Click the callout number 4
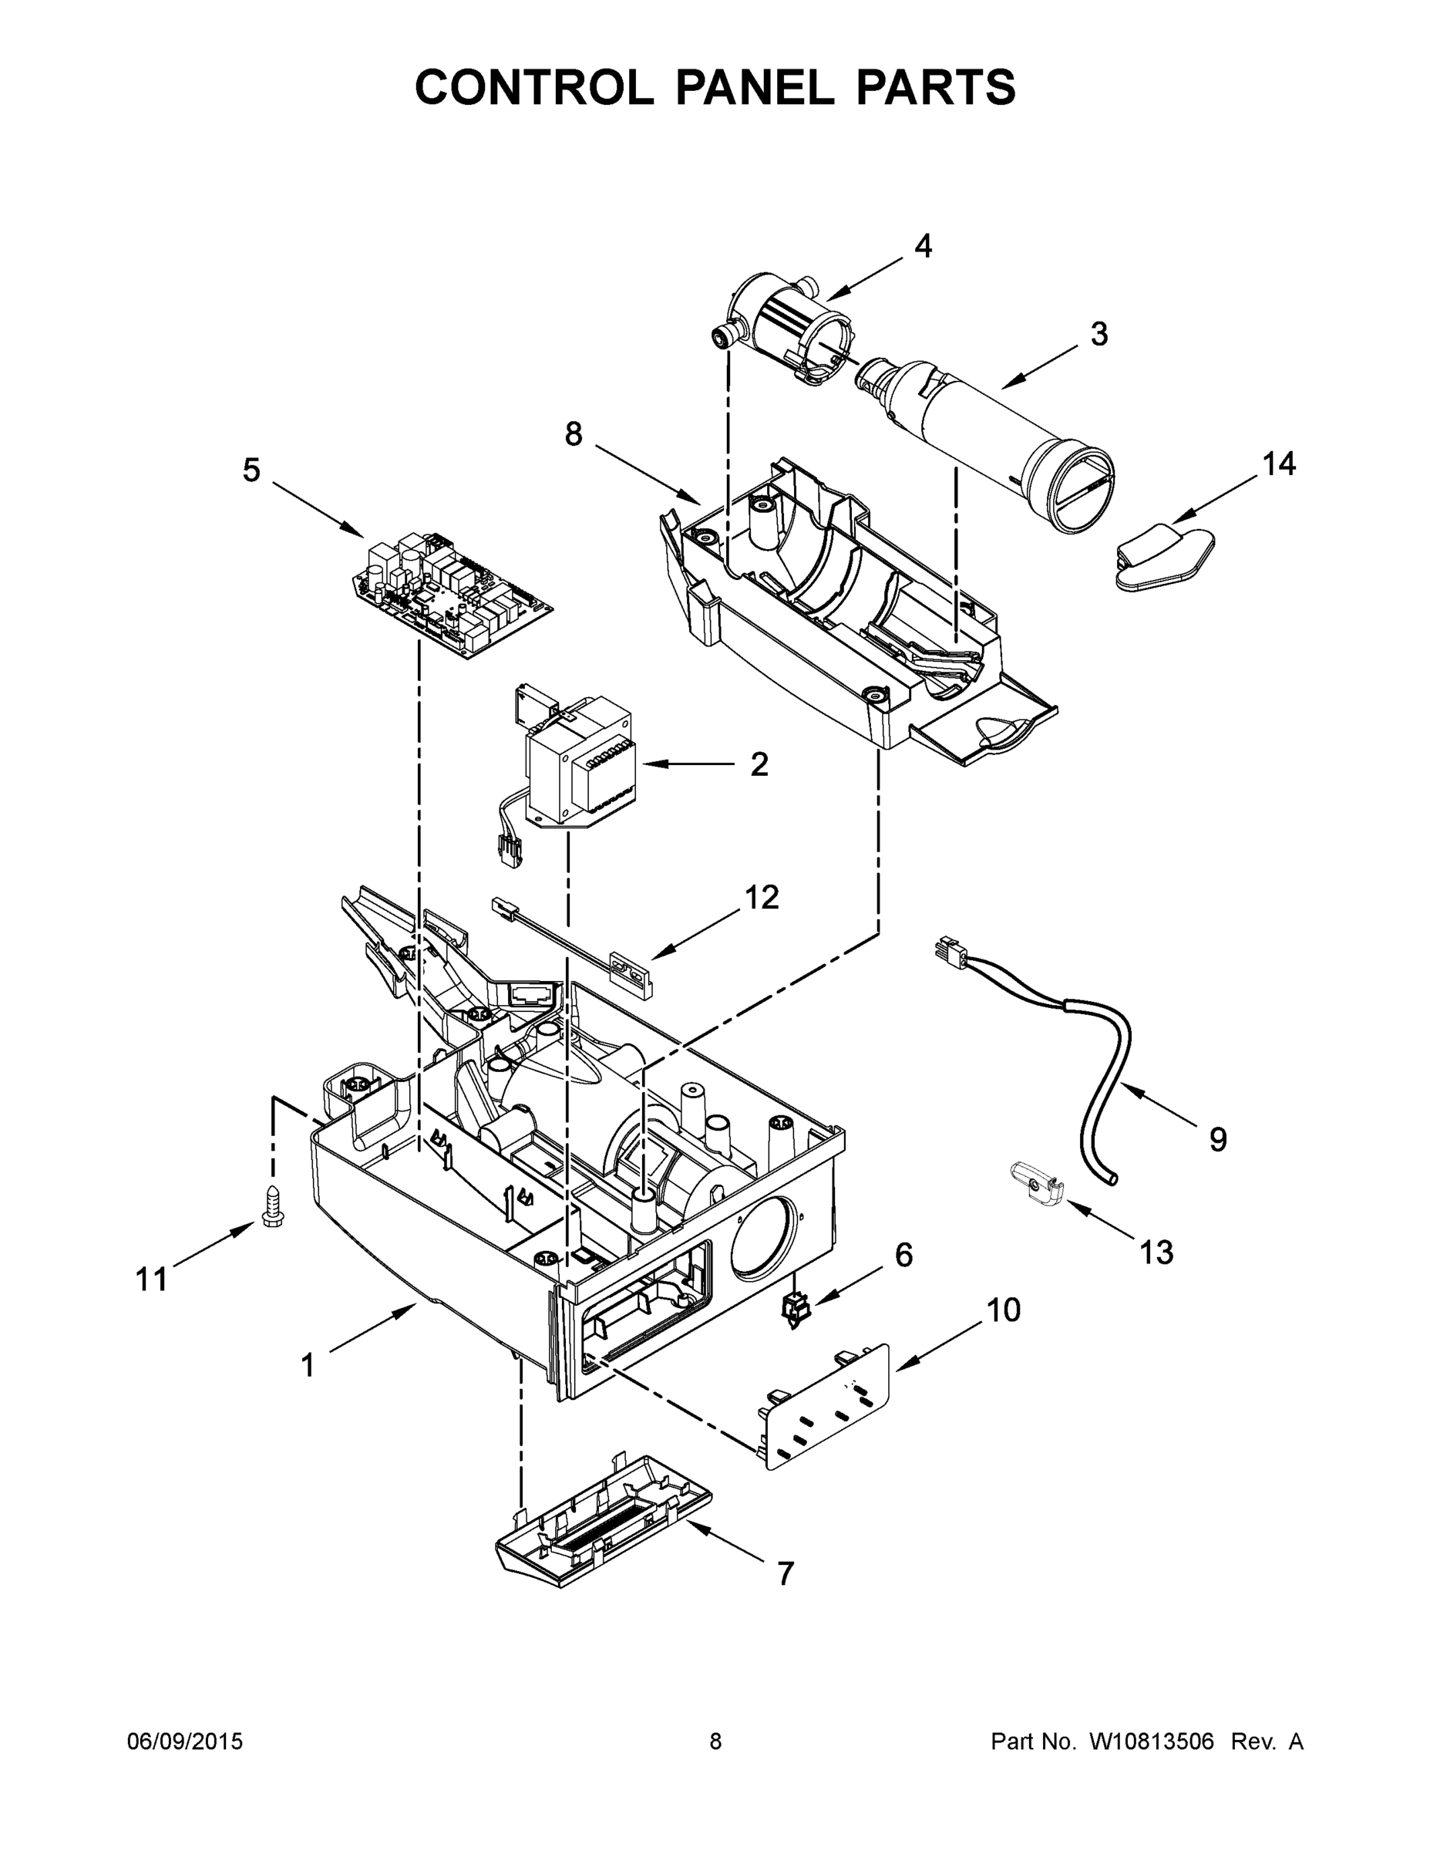[923, 246]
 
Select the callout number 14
[1279, 464]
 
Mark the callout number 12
[762, 897]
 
